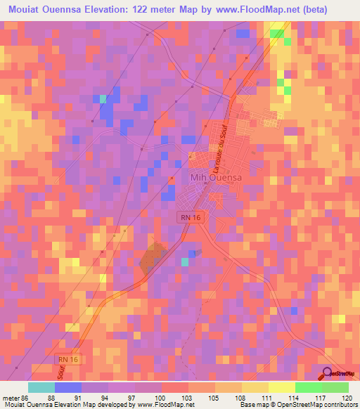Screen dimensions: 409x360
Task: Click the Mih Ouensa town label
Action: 216,178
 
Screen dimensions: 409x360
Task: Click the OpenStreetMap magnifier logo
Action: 328,373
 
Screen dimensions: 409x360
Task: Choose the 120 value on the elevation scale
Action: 347,397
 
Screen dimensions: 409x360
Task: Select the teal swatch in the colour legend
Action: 41,387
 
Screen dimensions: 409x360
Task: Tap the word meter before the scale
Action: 10,397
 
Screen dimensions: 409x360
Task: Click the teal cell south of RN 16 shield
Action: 185,261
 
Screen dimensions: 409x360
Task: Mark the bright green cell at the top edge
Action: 278,32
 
